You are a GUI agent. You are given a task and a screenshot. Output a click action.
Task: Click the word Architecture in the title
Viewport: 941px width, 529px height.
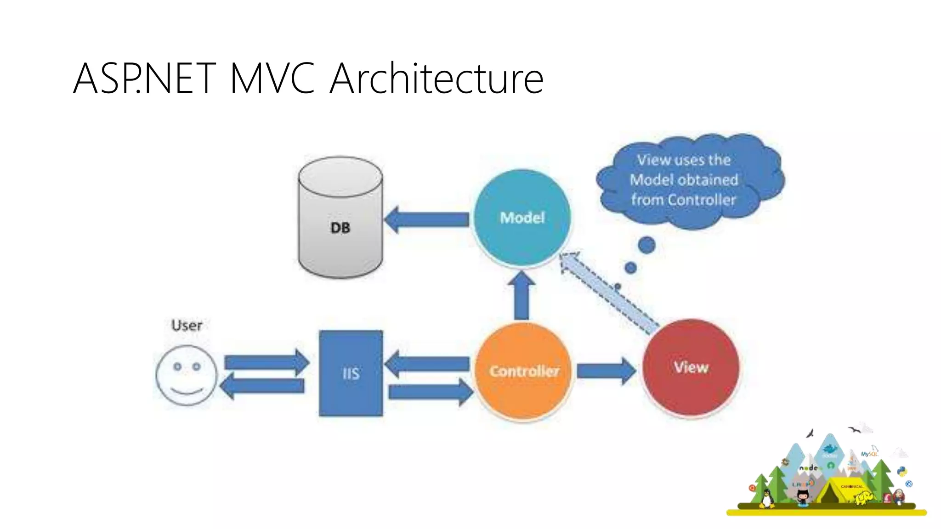[436, 79]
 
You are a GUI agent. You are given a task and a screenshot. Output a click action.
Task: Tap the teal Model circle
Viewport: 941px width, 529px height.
[522, 217]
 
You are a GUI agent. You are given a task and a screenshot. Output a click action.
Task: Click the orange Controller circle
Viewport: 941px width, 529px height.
[523, 371]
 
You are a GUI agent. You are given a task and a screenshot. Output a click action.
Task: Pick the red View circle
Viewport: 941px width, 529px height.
[691, 367]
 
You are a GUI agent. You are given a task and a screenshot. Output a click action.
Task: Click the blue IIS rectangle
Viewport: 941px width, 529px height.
[351, 373]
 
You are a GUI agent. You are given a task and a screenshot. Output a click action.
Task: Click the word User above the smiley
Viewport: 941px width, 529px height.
[187, 325]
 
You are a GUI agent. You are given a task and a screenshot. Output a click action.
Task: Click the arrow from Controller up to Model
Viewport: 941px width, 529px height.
[522, 296]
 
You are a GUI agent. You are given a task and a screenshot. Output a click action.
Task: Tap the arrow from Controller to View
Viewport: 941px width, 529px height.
[606, 371]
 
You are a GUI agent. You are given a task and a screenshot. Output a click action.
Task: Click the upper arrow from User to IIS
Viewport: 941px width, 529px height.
[266, 362]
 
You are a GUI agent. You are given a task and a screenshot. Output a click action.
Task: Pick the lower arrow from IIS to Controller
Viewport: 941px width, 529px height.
[430, 392]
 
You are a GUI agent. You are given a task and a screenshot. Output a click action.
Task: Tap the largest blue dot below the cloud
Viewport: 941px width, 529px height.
[646, 245]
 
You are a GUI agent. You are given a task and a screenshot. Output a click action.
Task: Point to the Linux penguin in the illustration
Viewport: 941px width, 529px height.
[766, 498]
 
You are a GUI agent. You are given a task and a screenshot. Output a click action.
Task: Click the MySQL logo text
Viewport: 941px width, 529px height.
[868, 454]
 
